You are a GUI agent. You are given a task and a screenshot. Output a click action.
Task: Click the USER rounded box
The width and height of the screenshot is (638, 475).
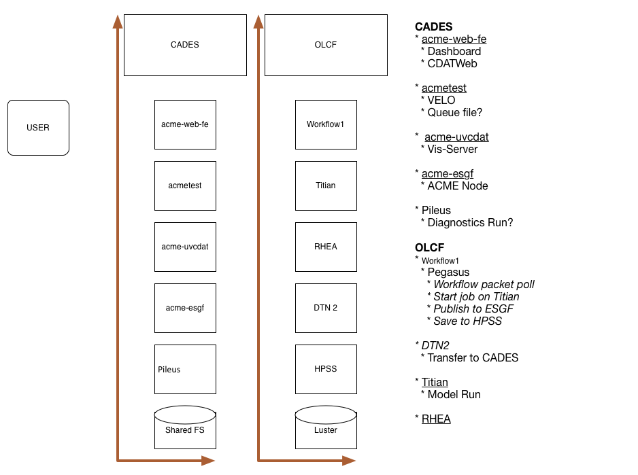[38, 128]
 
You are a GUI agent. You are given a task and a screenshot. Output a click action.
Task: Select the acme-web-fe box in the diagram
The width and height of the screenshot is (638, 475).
[185, 124]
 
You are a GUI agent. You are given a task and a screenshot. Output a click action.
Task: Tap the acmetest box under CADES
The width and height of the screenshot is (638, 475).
[185, 186]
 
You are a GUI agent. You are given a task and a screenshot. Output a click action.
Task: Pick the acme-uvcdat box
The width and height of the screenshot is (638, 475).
[185, 247]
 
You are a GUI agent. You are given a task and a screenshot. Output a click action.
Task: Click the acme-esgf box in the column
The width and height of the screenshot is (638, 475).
[185, 309]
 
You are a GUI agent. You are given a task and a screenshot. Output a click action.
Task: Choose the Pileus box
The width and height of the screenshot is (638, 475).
[185, 369]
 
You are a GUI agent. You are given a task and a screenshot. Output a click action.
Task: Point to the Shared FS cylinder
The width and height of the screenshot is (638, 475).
[185, 427]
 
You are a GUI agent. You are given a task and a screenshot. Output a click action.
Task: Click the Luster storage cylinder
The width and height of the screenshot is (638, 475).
[326, 427]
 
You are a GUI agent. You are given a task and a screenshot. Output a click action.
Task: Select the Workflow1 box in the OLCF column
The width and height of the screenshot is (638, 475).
[326, 124]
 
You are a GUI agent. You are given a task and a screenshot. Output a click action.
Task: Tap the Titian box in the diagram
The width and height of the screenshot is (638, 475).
[326, 186]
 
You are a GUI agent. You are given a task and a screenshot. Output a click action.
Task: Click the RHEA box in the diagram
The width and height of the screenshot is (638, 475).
[326, 247]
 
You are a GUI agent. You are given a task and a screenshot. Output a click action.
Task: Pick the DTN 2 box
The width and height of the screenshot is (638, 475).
[326, 309]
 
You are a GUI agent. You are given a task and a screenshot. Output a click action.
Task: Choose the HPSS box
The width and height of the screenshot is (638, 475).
[326, 369]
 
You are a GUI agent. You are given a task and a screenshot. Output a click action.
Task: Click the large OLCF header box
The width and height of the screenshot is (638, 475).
[326, 45]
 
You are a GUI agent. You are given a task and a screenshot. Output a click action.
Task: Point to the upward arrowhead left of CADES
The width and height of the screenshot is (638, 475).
[118, 22]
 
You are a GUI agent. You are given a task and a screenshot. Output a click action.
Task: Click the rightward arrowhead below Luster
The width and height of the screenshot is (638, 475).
[349, 460]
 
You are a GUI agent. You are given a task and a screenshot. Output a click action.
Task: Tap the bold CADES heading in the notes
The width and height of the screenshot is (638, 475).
[434, 27]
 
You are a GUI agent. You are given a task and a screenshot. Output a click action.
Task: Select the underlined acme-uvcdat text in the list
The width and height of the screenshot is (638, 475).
[456, 137]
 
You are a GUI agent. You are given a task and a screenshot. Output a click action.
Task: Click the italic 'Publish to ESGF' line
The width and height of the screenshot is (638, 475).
[473, 309]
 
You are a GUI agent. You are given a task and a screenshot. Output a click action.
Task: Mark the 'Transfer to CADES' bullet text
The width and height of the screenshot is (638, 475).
[473, 358]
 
